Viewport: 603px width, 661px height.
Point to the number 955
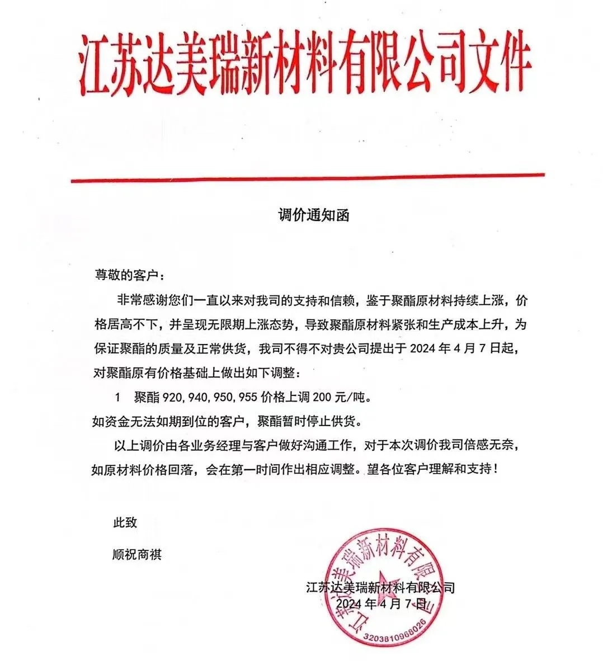246,398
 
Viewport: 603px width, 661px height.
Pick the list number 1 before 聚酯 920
117,398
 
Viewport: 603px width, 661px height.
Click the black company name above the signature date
380,587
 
